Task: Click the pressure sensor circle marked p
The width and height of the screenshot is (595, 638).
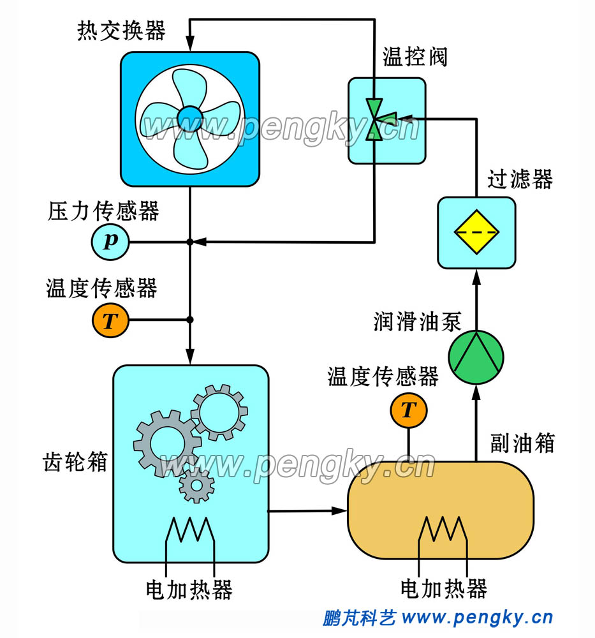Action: click(110, 242)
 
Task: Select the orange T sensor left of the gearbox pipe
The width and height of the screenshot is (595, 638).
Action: click(110, 320)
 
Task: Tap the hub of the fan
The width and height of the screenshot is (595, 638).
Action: click(189, 118)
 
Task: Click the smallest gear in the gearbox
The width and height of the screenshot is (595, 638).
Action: click(196, 486)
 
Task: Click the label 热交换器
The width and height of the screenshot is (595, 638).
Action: click(121, 31)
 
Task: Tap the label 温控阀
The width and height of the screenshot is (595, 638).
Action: click(415, 57)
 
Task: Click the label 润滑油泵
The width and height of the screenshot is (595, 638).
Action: click(417, 322)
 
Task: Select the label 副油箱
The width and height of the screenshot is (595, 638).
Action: click(523, 442)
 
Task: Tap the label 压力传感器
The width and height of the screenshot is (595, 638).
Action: click(103, 211)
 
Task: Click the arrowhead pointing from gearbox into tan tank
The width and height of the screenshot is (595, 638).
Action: click(339, 510)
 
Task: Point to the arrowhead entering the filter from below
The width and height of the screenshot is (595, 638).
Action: click(476, 276)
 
